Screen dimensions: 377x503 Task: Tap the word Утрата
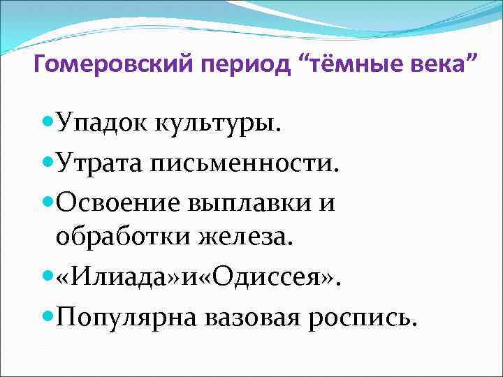(x=101, y=165)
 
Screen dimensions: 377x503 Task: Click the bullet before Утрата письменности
(x=48, y=163)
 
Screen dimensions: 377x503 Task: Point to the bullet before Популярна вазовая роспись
(x=48, y=316)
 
